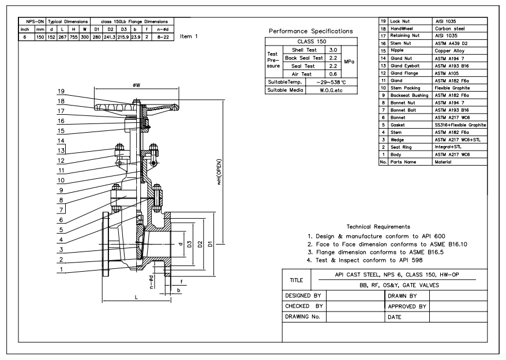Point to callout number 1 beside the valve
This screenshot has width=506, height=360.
(x=61, y=269)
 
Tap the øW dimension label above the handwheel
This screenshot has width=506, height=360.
(x=136, y=85)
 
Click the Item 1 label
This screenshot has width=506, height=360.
(x=189, y=36)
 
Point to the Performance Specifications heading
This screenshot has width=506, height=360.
(x=311, y=31)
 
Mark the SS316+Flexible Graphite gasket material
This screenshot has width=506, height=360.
(x=460, y=125)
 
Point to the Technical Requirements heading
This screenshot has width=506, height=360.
(x=379, y=227)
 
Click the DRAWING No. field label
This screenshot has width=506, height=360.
(x=302, y=317)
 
